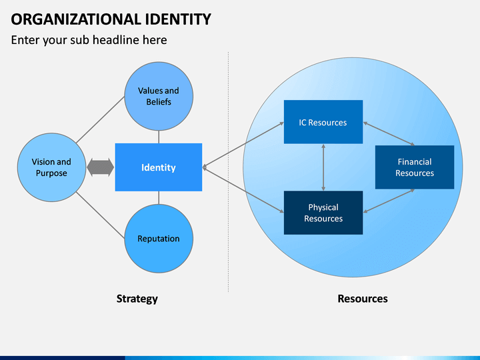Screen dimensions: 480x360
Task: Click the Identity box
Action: click(x=159, y=167)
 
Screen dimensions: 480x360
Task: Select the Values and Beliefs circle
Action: click(x=159, y=97)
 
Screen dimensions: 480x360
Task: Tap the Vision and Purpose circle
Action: click(x=51, y=167)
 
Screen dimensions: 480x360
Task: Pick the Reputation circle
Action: click(x=159, y=239)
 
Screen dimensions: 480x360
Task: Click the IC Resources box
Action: click(x=323, y=122)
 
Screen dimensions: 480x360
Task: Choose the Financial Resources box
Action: click(x=415, y=167)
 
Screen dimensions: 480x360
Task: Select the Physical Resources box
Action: click(x=323, y=213)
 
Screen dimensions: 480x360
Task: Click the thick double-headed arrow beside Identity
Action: click(x=101, y=167)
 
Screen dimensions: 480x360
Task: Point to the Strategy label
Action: click(x=137, y=299)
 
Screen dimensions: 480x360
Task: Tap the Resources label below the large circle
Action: click(x=363, y=299)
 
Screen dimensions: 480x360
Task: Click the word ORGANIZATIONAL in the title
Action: click(x=75, y=19)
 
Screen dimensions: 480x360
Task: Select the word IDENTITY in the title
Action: click(x=178, y=19)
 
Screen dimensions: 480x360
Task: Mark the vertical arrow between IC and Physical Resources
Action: click(x=323, y=167)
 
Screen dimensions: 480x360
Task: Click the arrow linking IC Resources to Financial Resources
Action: click(x=389, y=134)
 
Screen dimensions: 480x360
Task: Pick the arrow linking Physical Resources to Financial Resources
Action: click(x=389, y=201)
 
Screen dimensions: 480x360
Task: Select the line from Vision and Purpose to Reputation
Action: click(x=100, y=215)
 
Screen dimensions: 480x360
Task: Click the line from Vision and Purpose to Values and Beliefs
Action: click(x=100, y=120)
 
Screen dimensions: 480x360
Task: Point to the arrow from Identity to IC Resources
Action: click(x=243, y=145)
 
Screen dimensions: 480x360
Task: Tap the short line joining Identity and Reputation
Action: click(x=159, y=198)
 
